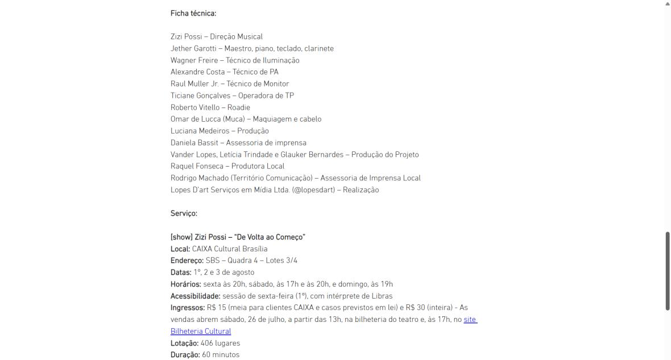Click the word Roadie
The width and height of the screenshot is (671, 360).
tap(239, 107)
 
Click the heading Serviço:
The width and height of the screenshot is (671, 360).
tap(184, 214)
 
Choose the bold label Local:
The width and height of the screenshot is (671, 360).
tap(180, 249)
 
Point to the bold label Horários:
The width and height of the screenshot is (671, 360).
tap(186, 284)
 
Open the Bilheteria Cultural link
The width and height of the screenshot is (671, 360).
tap(201, 332)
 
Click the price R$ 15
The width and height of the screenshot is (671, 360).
tap(216, 308)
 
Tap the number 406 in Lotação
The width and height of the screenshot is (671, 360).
tap(206, 344)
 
